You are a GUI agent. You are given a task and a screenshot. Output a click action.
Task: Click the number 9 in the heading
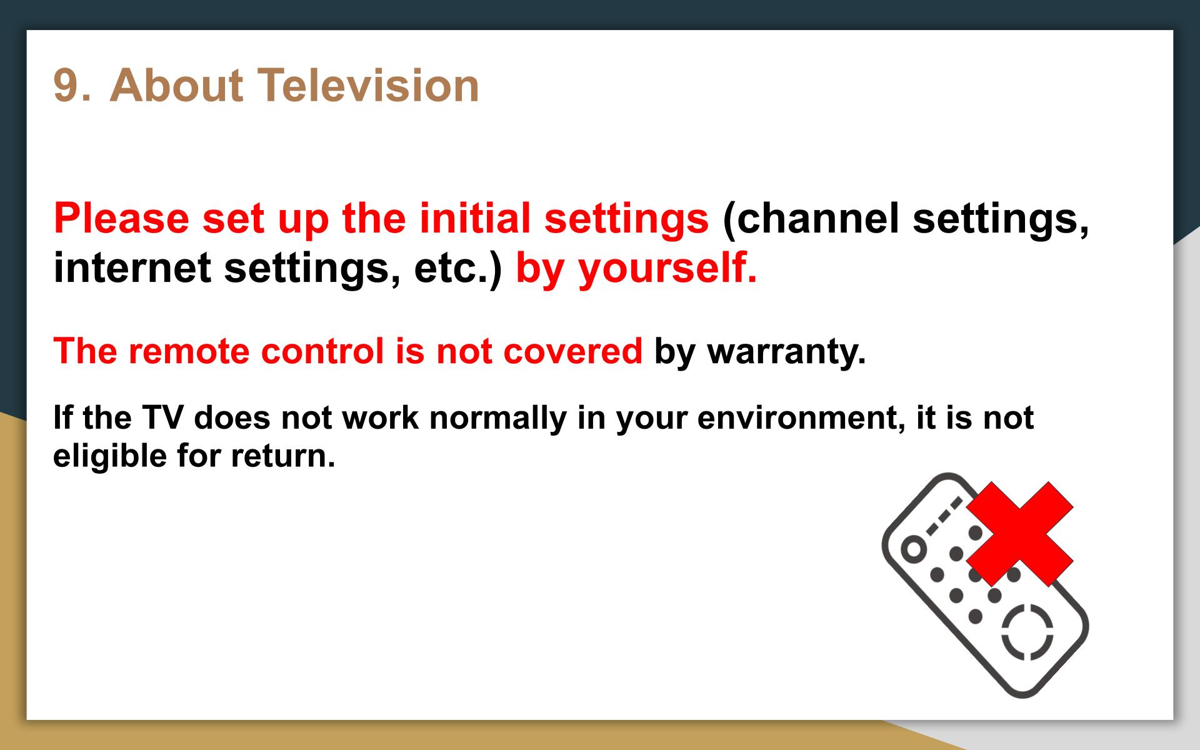[68, 85]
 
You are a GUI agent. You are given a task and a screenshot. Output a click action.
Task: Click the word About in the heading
[176, 85]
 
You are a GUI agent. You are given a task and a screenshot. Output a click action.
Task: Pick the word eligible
[109, 456]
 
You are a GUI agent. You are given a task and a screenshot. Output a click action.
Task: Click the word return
[283, 456]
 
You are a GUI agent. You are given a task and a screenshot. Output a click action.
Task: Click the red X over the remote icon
[1020, 534]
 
